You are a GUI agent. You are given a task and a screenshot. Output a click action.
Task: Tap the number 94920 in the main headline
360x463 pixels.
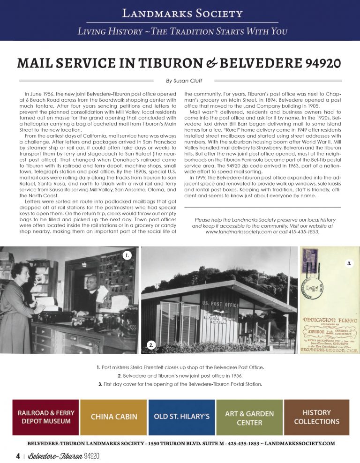pyautogui.click(x=317, y=63)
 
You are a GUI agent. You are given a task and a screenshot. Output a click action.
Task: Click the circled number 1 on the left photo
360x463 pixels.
pyautogui.click(x=127, y=255)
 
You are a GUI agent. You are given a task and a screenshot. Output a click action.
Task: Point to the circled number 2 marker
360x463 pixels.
pyautogui.click(x=151, y=345)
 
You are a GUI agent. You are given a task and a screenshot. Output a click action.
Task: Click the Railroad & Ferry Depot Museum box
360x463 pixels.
pyautogui.click(x=46, y=417)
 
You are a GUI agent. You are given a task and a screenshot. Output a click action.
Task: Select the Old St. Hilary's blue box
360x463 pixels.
pyautogui.click(x=182, y=417)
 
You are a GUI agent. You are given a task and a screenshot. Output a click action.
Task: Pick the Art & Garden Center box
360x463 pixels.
pyautogui.click(x=249, y=417)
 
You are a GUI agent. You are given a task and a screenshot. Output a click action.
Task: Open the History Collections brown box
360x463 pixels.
pyautogui.click(x=316, y=417)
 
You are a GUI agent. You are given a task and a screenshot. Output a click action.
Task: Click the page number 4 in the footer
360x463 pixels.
pyautogui.click(x=17, y=456)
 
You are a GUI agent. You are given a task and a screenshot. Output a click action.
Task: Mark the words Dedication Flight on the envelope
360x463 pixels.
pyautogui.click(x=330, y=320)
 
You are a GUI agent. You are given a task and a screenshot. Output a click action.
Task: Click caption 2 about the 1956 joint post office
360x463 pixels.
pyautogui.click(x=180, y=376)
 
